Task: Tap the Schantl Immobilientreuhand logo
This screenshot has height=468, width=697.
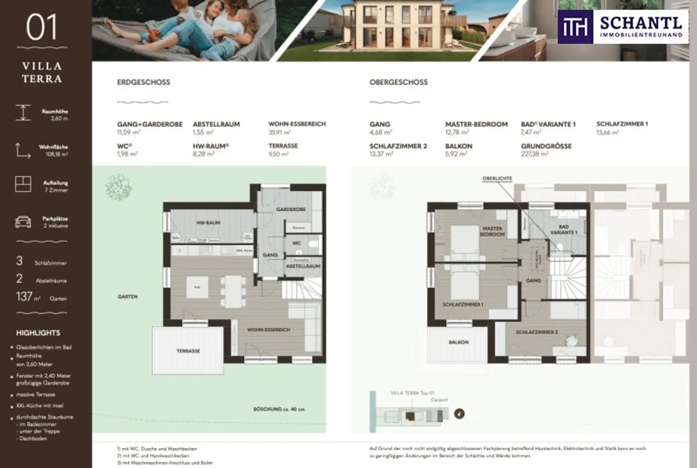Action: (620, 27)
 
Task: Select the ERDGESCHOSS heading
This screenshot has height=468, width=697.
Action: (143, 82)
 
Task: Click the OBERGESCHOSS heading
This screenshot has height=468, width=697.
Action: (398, 82)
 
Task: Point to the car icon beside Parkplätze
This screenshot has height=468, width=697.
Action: (23, 222)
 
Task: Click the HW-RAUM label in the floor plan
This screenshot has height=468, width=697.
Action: (208, 223)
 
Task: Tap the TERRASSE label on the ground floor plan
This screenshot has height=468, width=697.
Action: (188, 351)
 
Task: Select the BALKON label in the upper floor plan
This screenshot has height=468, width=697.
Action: (458, 342)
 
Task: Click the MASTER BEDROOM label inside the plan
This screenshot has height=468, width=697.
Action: (492, 232)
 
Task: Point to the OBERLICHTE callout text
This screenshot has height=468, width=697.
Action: (497, 178)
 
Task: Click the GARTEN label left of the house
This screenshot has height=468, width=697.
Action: (128, 296)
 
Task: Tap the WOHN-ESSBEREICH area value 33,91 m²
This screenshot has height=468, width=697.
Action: (280, 133)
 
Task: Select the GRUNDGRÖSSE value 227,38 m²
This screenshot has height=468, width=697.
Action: (535, 154)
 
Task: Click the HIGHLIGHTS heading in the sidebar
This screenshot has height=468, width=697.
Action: (38, 333)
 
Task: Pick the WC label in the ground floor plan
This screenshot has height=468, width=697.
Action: (297, 243)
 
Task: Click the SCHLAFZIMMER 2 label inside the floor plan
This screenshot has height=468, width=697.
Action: (537, 332)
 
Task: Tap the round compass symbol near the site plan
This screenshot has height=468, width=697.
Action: (459, 414)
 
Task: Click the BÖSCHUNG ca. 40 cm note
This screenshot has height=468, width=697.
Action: (279, 409)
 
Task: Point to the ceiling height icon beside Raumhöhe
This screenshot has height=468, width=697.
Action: (23, 113)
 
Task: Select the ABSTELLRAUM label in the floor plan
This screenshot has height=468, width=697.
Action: (303, 266)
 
